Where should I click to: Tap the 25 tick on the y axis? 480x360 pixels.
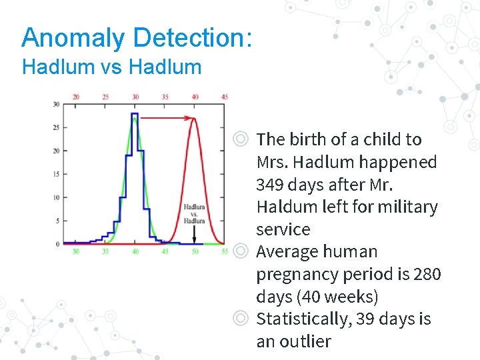coord(56,127)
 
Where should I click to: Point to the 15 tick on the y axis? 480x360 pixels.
coord(56,174)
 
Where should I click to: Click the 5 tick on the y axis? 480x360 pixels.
coord(57,221)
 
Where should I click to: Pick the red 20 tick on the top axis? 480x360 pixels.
coord(75,97)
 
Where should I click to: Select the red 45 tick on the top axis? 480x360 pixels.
coord(225,97)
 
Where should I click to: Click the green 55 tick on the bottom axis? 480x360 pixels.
coord(225,252)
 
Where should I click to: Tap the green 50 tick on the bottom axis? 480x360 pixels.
coord(195,252)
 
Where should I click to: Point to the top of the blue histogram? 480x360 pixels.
coord(135,115)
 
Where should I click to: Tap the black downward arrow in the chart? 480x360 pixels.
coord(195,234)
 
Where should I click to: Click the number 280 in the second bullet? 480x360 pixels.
coord(427,274)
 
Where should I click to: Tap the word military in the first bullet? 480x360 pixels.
coord(407,207)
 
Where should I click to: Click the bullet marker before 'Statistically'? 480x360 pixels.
coord(241,319)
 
